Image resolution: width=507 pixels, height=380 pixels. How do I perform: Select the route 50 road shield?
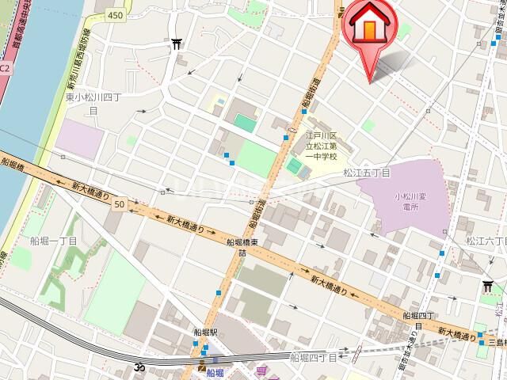tap(119, 204)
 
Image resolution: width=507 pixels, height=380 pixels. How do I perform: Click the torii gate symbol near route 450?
tap(176, 44)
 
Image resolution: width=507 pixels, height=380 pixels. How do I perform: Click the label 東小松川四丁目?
tap(93, 104)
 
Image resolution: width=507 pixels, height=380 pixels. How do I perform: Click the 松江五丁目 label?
tap(367, 172)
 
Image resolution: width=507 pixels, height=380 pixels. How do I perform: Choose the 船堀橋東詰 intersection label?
tap(245, 248)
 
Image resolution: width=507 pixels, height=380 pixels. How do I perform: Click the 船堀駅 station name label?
tap(205, 333)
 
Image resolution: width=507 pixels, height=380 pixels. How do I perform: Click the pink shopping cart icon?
tap(261, 370)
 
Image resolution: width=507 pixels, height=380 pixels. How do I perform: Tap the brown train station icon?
tap(201, 366)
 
